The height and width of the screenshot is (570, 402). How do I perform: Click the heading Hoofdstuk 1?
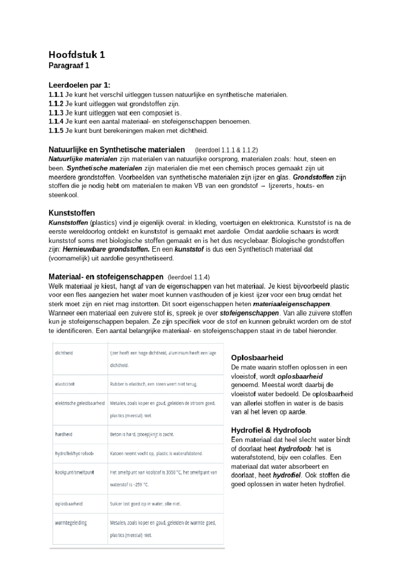click(77, 55)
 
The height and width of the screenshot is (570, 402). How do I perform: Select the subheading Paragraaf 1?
click(69, 66)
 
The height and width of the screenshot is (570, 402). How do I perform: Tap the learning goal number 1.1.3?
click(56, 113)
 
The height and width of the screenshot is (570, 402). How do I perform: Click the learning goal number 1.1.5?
click(56, 131)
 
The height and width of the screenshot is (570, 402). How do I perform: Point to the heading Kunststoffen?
click(72, 213)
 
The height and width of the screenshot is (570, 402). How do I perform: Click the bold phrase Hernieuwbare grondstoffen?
click(106, 249)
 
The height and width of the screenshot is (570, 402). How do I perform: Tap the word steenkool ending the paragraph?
click(63, 195)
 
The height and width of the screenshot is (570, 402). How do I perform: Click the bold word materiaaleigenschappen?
click(291, 304)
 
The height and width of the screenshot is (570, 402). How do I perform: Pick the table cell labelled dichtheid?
click(64, 353)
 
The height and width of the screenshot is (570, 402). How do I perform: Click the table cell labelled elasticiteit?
click(65, 384)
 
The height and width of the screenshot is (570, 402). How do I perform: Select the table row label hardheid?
click(64, 434)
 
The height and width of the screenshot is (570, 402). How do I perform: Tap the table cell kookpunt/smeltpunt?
click(74, 472)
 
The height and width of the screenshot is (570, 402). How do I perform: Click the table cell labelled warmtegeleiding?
click(71, 523)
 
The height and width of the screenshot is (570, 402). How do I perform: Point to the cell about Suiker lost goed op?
click(145, 504)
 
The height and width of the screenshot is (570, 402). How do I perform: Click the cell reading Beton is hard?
click(142, 435)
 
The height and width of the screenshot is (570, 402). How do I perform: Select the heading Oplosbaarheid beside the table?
click(257, 358)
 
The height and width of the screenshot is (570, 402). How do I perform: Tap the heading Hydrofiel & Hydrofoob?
click(271, 430)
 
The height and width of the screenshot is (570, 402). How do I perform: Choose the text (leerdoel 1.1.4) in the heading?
click(189, 277)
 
